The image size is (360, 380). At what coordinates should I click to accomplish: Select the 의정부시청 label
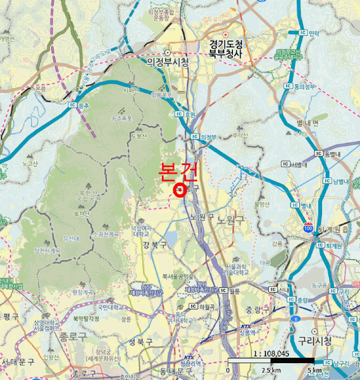click(168, 62)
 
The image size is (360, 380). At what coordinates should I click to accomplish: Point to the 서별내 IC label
click(299, 164)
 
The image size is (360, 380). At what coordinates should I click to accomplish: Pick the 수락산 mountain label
click(239, 135)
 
